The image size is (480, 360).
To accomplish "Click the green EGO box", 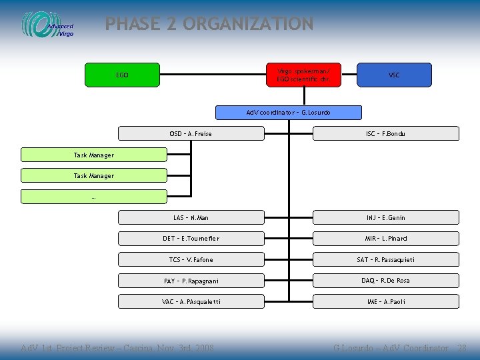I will (x=123, y=75).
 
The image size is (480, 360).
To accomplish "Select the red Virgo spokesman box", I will (x=303, y=75).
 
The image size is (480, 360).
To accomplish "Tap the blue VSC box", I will (x=394, y=75).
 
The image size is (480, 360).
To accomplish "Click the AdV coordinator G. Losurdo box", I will (x=289, y=113).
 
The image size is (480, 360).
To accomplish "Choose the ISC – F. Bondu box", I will (x=386, y=134).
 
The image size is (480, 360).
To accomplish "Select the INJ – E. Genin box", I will (x=386, y=217).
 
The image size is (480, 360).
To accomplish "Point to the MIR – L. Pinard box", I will (x=386, y=239).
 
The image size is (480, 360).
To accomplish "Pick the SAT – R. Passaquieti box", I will (x=386, y=259).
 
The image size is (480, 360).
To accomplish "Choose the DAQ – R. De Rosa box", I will (x=386, y=281).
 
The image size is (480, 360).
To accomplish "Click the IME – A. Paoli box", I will (x=386, y=302).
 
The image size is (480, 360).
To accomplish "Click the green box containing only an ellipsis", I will (x=93, y=197).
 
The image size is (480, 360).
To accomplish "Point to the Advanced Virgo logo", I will (x=48, y=25).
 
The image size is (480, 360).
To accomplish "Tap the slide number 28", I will (x=461, y=348).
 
